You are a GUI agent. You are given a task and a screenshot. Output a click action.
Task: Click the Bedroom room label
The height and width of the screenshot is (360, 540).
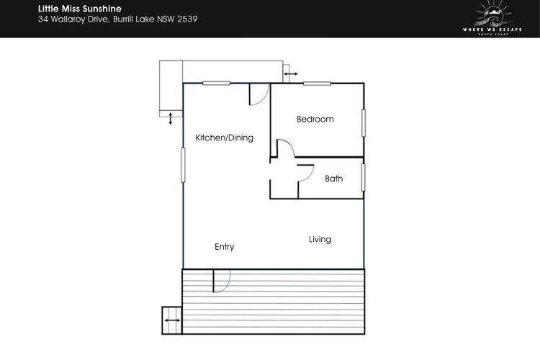coord(315,120)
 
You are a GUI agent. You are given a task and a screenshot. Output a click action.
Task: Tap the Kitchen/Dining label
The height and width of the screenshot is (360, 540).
coord(224,138)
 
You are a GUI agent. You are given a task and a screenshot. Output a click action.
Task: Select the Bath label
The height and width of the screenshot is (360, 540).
coord(333,179)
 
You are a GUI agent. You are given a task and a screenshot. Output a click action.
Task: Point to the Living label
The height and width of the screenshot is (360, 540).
coord(320,240)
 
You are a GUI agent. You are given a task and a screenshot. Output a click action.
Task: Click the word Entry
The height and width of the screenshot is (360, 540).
coord(224,247)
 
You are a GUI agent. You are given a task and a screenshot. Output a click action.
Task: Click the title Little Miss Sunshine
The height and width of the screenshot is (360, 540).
coord(79,9)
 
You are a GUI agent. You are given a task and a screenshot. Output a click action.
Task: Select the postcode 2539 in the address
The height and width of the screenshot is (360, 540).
coord(187,19)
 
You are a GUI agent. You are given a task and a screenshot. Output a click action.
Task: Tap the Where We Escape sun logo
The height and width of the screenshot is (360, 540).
coord(492,17)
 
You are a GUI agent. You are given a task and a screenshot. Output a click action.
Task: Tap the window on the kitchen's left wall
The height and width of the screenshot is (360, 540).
coord(183,165)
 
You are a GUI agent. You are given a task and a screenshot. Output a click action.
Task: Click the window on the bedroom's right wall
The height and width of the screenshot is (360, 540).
coord(364,123)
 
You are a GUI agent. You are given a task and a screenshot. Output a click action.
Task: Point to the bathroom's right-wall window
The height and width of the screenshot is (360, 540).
coord(363,177)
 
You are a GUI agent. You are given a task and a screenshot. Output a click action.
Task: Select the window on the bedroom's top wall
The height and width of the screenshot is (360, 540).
coord(317,84)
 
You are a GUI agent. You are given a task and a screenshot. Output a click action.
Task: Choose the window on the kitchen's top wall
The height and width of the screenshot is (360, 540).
coord(216,83)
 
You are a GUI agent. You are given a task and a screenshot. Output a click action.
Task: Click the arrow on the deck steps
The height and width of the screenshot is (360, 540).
coord(172,320)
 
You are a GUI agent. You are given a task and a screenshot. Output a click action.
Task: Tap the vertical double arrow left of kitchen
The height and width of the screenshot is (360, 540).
coord(170,119)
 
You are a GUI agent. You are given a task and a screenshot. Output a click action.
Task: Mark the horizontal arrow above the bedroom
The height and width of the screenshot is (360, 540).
coord(291,73)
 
